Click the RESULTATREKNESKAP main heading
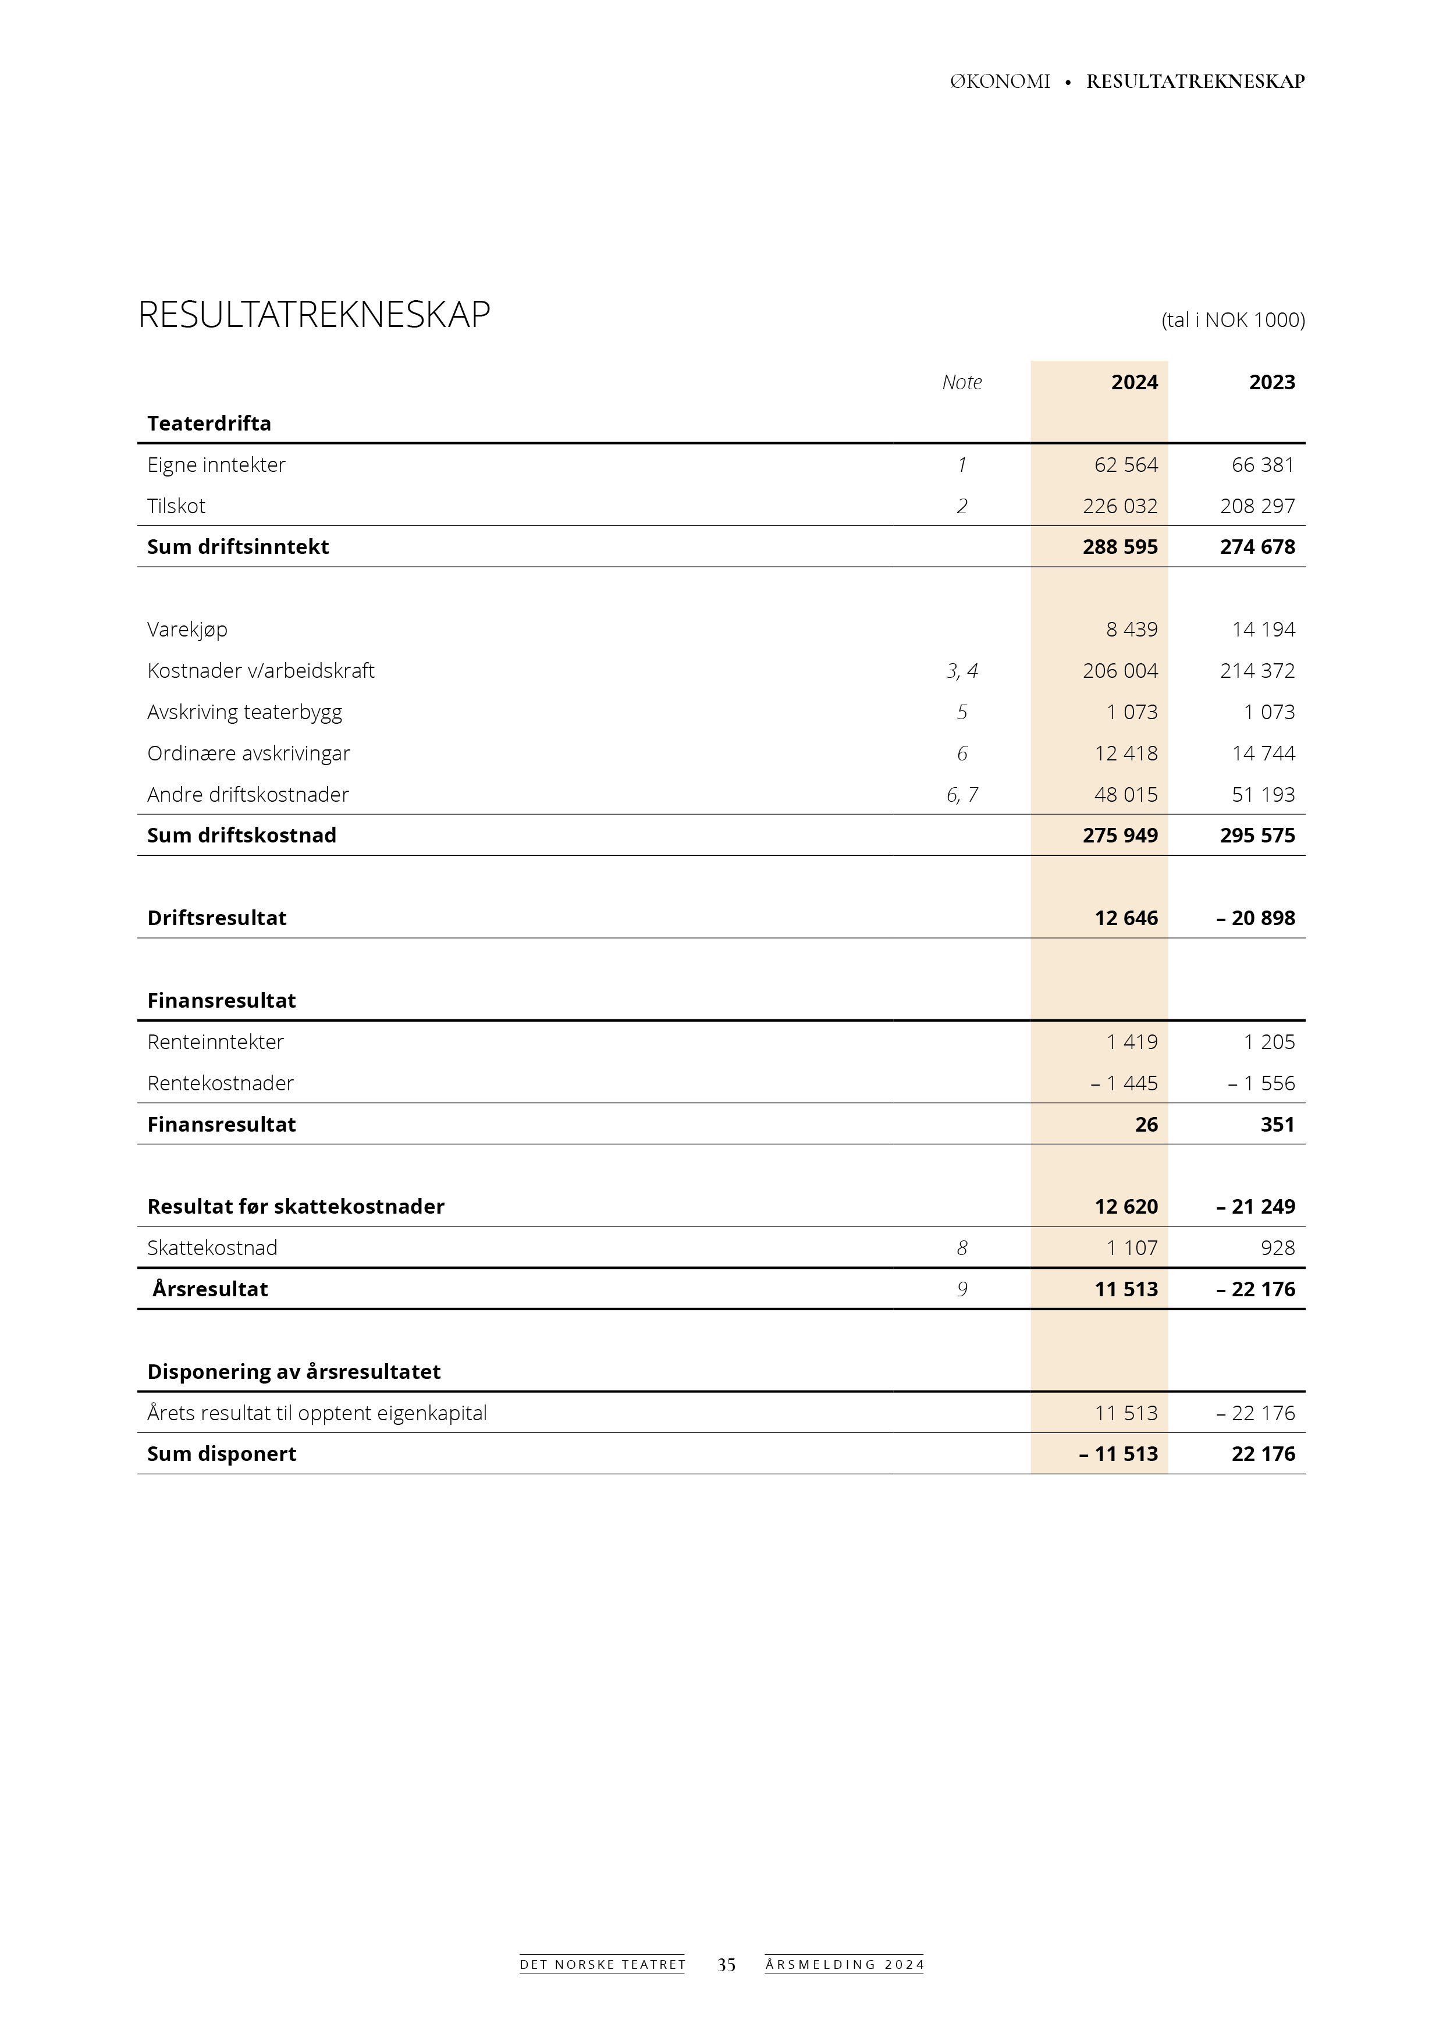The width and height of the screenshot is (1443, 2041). (x=314, y=315)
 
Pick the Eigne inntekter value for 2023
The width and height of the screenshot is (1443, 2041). (x=1263, y=465)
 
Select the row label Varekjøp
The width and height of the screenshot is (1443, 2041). (x=187, y=630)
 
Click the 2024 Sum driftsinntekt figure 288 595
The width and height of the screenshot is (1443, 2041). (x=1119, y=547)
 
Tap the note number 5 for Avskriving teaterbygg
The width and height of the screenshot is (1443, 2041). (x=961, y=712)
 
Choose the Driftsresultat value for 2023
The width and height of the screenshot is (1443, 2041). (x=1256, y=918)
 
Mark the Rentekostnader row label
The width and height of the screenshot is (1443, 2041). (x=221, y=1083)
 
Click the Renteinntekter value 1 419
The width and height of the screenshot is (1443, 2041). (x=1132, y=1042)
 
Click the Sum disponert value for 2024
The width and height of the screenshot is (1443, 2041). (x=1118, y=1455)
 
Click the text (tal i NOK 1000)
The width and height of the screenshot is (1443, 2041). (x=1232, y=320)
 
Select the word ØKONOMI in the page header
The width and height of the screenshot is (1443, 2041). (x=1000, y=82)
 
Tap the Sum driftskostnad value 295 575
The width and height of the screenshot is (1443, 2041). (x=1257, y=835)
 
